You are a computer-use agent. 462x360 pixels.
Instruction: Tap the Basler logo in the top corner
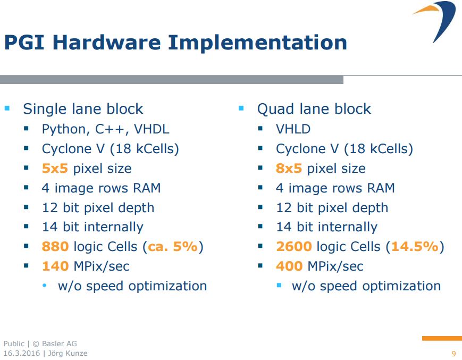pyautogui.click(x=436, y=20)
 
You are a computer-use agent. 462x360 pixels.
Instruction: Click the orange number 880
pyautogui.click(x=55, y=247)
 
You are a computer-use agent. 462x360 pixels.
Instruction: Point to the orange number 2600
pyautogui.click(x=293, y=247)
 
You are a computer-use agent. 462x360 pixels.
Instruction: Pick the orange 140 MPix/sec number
pyautogui.click(x=55, y=266)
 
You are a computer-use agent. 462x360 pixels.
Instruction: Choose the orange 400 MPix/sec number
pyautogui.click(x=289, y=266)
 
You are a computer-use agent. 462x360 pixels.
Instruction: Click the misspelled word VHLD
pyautogui.click(x=293, y=129)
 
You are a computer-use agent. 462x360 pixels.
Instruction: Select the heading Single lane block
pyautogui.click(x=83, y=109)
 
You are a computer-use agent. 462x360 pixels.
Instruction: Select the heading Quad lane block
pyautogui.click(x=314, y=109)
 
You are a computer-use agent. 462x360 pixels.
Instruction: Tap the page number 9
pyautogui.click(x=453, y=354)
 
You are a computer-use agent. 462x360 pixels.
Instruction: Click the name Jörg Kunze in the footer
pyautogui.click(x=69, y=353)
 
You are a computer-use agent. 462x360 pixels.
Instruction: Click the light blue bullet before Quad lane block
pyautogui.click(x=241, y=108)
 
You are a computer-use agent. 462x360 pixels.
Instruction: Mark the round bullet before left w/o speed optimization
pyautogui.click(x=45, y=286)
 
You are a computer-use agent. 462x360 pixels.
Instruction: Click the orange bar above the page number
pyautogui.click(x=441, y=338)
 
